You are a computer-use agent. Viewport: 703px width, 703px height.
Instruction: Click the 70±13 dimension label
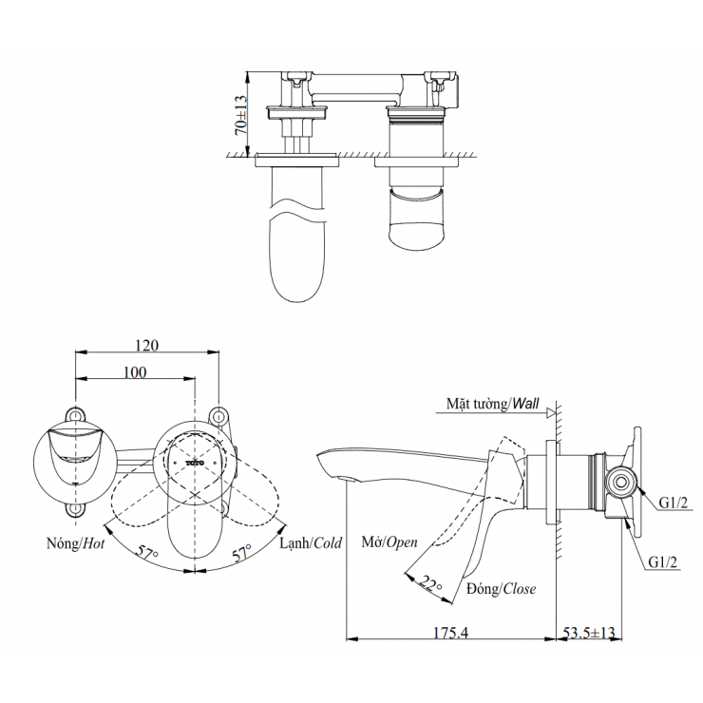coord(240,113)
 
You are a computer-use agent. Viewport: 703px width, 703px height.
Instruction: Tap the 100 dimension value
coord(135,372)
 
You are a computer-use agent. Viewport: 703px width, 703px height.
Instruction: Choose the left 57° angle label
coord(145,551)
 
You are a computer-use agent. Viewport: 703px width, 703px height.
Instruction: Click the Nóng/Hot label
coord(74,544)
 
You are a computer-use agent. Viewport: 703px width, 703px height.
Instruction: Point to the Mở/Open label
coord(389,544)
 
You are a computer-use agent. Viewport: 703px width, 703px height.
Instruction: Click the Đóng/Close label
coord(501,589)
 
